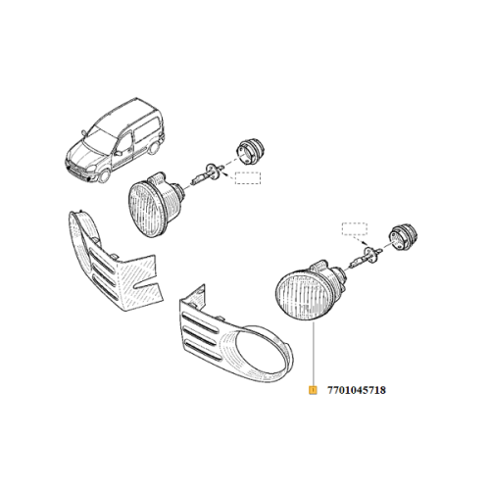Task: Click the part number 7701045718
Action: click(x=357, y=390)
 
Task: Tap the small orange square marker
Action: click(x=313, y=390)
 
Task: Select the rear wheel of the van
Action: click(x=153, y=148)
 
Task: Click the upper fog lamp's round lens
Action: click(x=145, y=210)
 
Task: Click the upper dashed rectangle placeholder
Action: click(x=248, y=177)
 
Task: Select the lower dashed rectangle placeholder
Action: click(x=355, y=229)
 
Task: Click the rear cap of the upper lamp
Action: click(x=250, y=151)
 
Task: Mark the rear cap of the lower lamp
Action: click(x=405, y=236)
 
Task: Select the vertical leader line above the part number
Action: click(x=313, y=353)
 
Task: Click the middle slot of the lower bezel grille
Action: click(x=200, y=335)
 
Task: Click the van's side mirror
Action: click(x=119, y=153)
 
